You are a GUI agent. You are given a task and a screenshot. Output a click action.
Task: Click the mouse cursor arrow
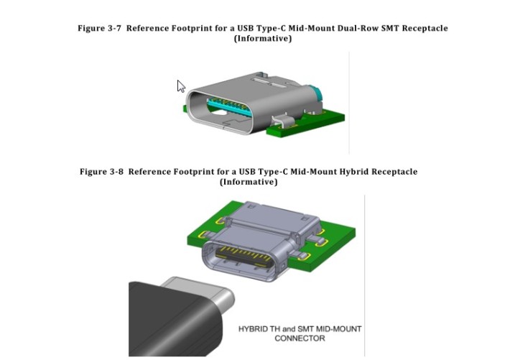pyautogui.click(x=180, y=86)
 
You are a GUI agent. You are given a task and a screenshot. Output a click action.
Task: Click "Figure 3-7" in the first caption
pyautogui.click(x=99, y=28)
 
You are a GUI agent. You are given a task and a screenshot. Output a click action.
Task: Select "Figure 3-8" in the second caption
pyautogui.click(x=101, y=172)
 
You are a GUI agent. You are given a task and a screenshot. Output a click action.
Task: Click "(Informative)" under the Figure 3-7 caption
pyautogui.click(x=263, y=38)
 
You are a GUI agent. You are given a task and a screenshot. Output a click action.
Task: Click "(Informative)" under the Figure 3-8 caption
pyautogui.click(x=249, y=182)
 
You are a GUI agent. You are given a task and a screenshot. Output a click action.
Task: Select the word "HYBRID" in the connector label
pyautogui.click(x=255, y=329)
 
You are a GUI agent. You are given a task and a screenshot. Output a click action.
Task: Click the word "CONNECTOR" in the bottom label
pyautogui.click(x=300, y=338)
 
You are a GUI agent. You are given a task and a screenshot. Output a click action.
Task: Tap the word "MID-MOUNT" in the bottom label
pyautogui.click(x=336, y=329)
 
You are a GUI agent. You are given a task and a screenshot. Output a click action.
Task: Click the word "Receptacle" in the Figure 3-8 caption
pyautogui.click(x=392, y=172)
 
